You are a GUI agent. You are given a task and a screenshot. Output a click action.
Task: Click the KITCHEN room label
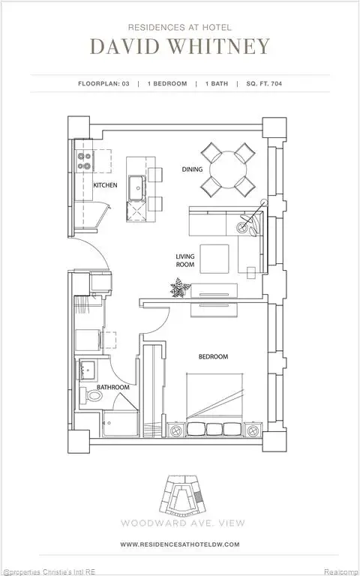click(104, 184)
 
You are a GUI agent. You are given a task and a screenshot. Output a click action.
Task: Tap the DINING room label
click(192, 169)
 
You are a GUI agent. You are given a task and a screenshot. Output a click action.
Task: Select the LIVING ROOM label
click(185, 260)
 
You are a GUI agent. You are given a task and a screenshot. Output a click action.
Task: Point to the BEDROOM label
click(212, 356)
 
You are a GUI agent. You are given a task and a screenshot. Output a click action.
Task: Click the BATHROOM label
click(113, 387)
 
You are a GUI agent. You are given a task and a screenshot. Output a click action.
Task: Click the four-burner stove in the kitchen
click(85, 160)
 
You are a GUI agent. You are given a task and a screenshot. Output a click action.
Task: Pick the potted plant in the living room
click(180, 287)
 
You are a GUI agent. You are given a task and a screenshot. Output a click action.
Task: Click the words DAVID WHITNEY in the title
click(179, 46)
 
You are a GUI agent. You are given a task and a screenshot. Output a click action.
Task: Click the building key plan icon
click(180, 490)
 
